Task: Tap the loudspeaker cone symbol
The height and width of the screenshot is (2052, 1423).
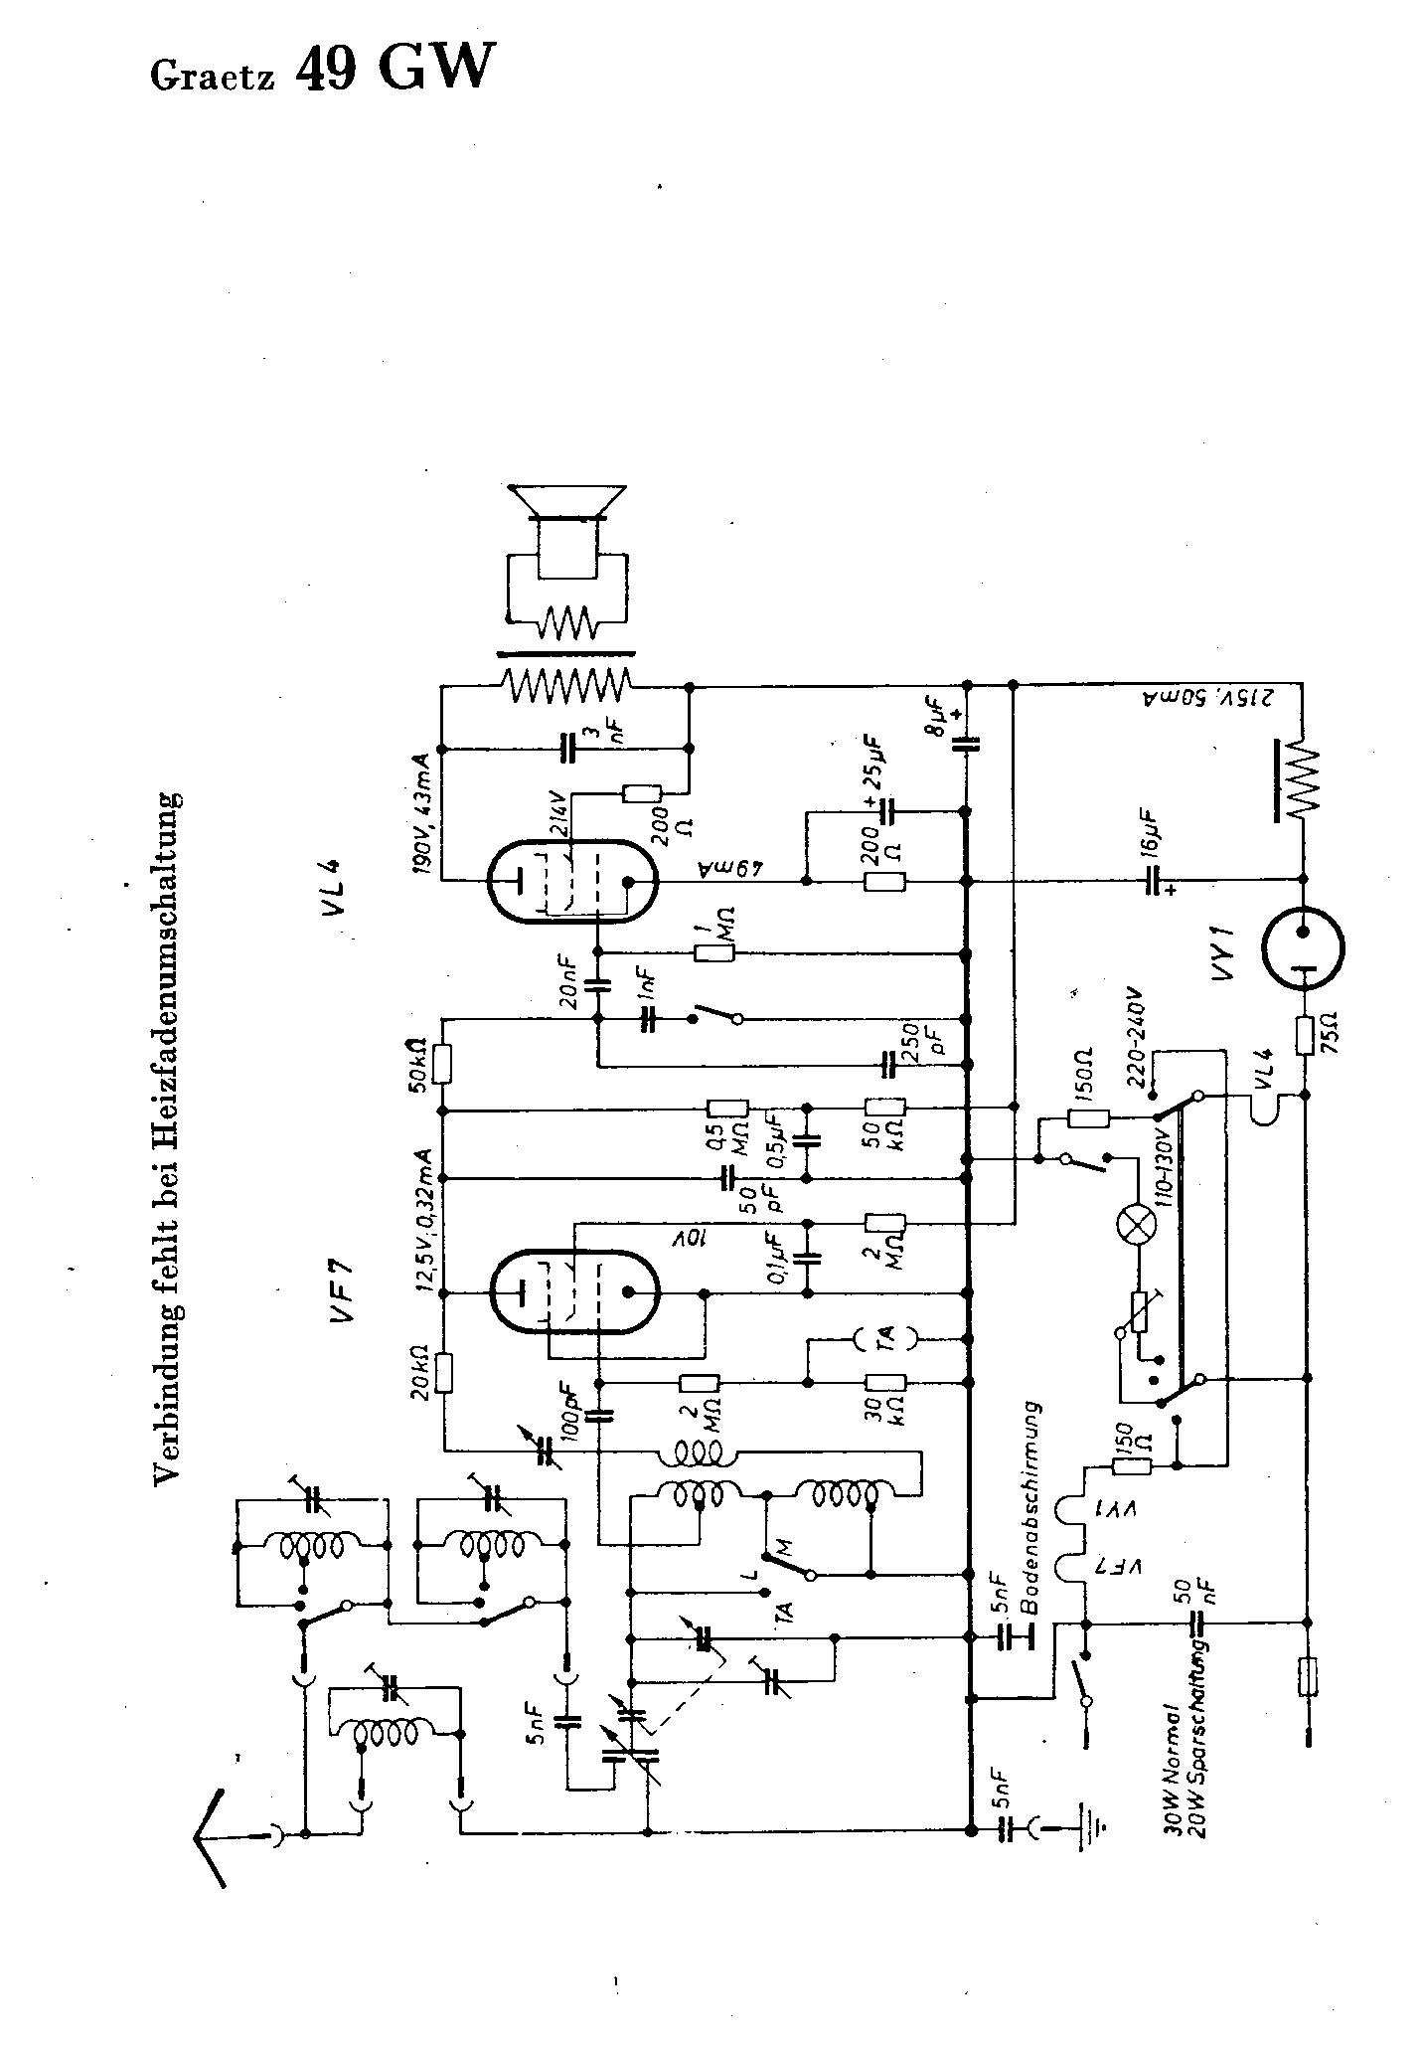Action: pos(566,501)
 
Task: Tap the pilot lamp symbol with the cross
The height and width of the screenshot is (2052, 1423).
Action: pos(1134,1227)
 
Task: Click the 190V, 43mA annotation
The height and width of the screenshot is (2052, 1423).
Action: pos(423,804)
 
